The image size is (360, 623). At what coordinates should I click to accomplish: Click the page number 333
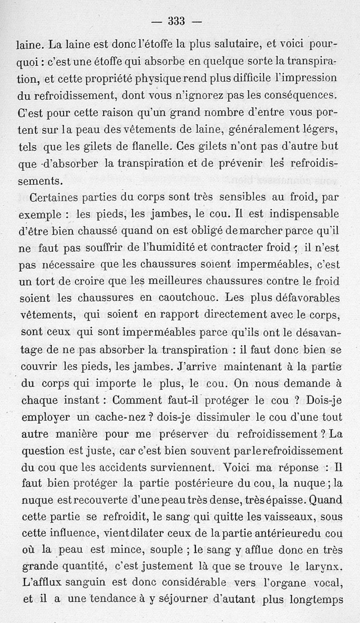pos(177,21)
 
